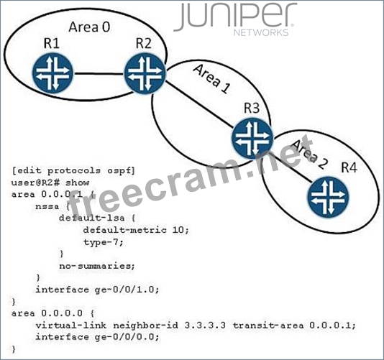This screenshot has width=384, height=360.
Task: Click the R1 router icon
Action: [53, 73]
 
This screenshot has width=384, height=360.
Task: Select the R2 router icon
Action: [145, 73]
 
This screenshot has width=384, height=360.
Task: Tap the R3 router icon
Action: [252, 138]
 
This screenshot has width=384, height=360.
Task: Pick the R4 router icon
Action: [328, 197]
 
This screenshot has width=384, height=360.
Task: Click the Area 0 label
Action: [89, 27]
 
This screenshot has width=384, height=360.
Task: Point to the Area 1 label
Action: [212, 79]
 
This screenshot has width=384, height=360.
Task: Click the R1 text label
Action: [52, 43]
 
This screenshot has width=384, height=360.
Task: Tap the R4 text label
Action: [349, 167]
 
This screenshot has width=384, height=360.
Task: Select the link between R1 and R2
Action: [99, 73]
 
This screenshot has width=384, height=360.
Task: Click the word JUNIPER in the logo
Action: [236, 17]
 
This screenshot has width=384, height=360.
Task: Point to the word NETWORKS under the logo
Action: [261, 33]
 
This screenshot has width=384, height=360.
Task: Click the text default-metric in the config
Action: [125, 230]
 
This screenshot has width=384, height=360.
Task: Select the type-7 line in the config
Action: [103, 242]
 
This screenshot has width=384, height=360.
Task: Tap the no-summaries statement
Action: [97, 266]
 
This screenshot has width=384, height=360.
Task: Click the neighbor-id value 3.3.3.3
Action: [205, 326]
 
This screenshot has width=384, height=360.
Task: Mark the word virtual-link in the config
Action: [71, 326]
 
